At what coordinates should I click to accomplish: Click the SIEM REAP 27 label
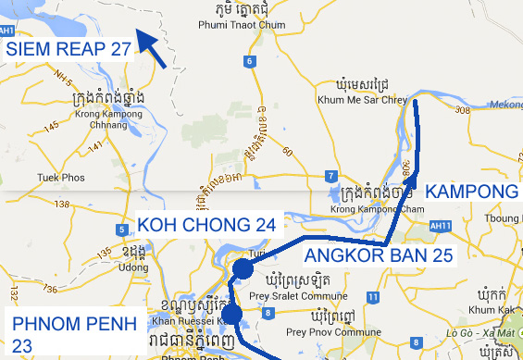pyautogui.click(x=68, y=49)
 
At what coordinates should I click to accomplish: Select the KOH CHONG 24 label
pyautogui.click(x=206, y=225)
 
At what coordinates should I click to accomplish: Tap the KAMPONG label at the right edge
pyautogui.click(x=472, y=192)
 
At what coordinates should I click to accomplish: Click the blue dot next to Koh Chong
pyautogui.click(x=243, y=269)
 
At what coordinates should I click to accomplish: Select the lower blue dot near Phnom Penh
pyautogui.click(x=231, y=316)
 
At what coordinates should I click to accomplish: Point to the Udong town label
pyautogui.click(x=134, y=267)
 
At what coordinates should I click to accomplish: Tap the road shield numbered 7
pyautogui.click(x=330, y=176)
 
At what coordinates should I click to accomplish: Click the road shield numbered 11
pyautogui.click(x=372, y=297)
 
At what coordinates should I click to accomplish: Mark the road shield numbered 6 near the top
pyautogui.click(x=249, y=62)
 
